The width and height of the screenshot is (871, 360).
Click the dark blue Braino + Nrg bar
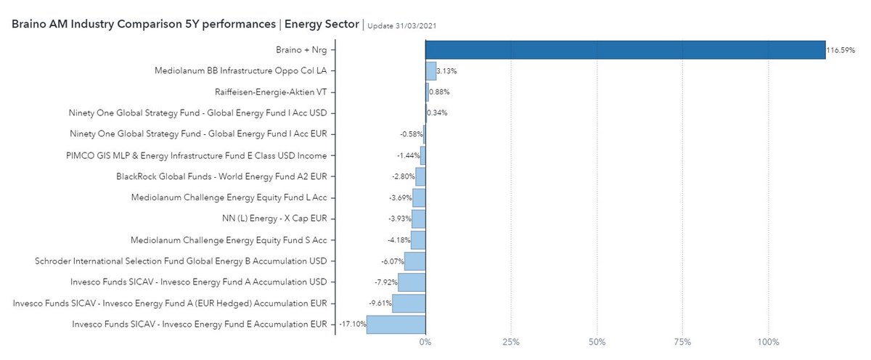(x=624, y=50)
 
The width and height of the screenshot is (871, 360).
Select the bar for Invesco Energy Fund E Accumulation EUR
(x=396, y=324)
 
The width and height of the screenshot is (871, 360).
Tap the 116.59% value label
(x=841, y=51)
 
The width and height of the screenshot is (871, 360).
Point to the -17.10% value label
(x=352, y=324)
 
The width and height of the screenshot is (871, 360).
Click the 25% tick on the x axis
(x=511, y=342)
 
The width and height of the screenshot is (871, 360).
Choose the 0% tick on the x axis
(x=425, y=342)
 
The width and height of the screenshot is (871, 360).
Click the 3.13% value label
(x=447, y=71)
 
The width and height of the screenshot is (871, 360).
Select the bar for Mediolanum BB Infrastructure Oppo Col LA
(x=430, y=71)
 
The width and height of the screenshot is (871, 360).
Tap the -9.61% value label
(x=380, y=303)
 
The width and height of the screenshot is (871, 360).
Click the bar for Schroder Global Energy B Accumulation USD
(x=414, y=261)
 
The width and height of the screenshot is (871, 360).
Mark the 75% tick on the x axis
(x=682, y=342)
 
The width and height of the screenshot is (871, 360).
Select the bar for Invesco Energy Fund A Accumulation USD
(x=411, y=282)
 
